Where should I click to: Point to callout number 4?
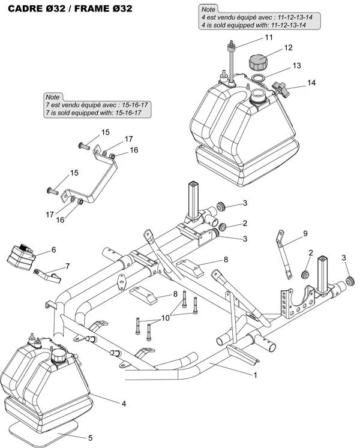click(x=124, y=404)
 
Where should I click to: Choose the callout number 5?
click(x=90, y=438)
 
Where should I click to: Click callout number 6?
click(x=53, y=249)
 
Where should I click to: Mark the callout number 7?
click(x=67, y=265)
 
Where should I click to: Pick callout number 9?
click(x=305, y=233)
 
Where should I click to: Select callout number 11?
click(x=268, y=37)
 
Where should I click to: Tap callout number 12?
click(x=288, y=47)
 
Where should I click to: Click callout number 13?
click(x=296, y=65)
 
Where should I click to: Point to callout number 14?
click(x=311, y=83)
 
